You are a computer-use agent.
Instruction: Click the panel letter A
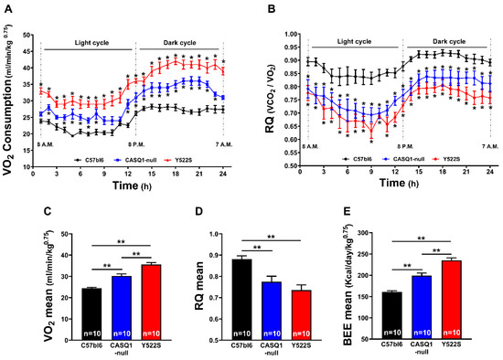(x=7, y=8)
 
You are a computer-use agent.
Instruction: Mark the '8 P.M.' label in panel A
(x=134, y=146)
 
